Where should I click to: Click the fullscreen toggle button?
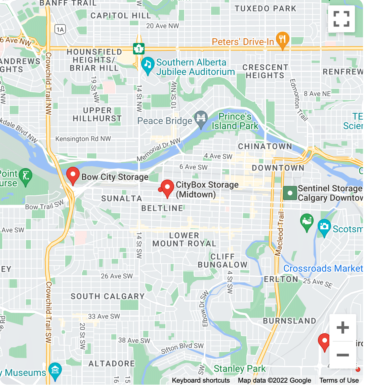[341, 19]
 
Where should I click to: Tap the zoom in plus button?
[342, 327]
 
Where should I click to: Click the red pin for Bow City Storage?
[73, 176]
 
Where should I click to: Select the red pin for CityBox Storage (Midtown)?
[167, 188]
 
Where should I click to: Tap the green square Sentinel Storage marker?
[290, 193]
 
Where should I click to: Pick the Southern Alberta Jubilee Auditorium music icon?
[147, 66]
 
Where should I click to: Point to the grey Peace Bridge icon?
[201, 119]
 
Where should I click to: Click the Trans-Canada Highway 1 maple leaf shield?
[138, 49]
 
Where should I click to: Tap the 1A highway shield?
[60, 30]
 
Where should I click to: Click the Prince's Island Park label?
[235, 121]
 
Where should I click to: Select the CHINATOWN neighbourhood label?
[265, 146]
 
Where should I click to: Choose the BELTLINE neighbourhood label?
[162, 208]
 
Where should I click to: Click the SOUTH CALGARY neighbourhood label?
[108, 296]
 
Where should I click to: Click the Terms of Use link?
[339, 380]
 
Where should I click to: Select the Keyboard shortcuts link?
[201, 380]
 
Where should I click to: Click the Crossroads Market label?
[323, 268]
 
